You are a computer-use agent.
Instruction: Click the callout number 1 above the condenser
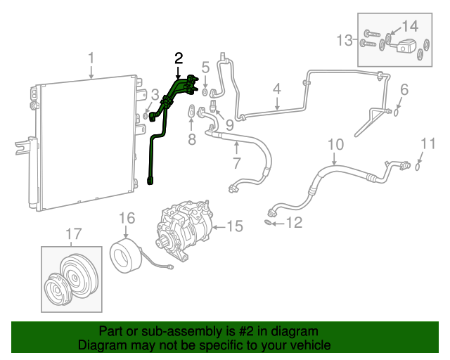91,57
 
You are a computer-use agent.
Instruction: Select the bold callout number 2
179,58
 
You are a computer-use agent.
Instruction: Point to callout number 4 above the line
277,89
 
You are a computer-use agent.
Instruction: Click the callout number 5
205,67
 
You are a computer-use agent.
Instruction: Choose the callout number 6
404,89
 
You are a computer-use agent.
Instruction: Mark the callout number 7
236,164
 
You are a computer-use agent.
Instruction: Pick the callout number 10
335,145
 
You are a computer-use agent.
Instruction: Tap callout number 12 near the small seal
295,224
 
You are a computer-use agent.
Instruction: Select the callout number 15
234,226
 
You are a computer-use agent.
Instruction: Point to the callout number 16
126,218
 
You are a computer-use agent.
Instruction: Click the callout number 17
73,235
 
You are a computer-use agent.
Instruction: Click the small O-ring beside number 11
418,167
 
